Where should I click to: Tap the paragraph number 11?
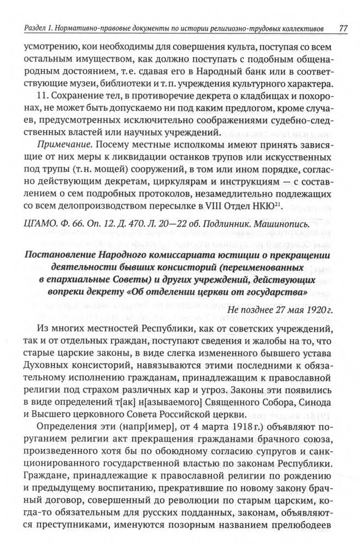(44, 97)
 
